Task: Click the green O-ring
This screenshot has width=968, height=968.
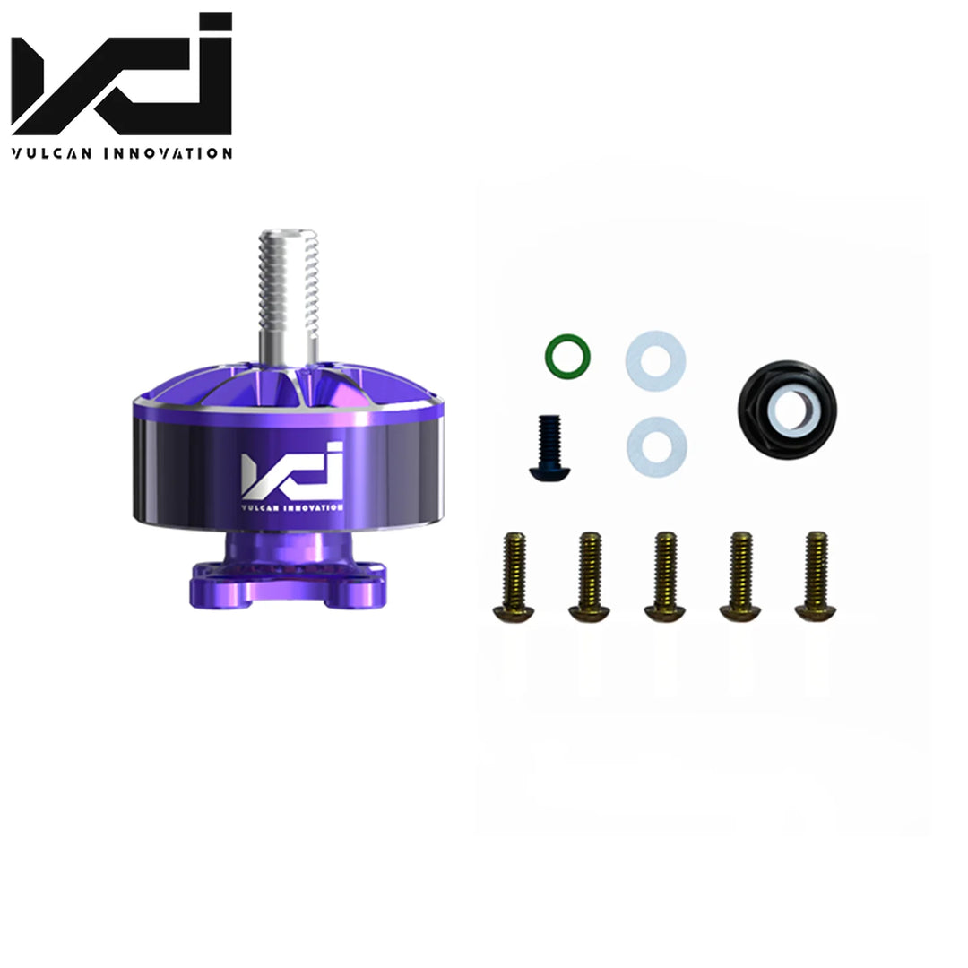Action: pos(566,356)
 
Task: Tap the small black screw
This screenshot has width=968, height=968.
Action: pos(541,448)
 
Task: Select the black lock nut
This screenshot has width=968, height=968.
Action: pos(788,410)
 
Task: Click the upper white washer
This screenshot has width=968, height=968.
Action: pos(655,360)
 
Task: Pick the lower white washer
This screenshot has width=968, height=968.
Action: pos(657,445)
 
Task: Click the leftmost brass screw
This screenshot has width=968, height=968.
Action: pos(514,577)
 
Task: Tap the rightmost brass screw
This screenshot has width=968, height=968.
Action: pos(816,576)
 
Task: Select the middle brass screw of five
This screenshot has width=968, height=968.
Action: pos(665,577)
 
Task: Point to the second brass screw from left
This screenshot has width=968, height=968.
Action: pos(589,577)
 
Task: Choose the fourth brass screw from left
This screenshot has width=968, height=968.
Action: pos(740,577)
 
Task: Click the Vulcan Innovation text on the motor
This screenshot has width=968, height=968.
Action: pos(292,507)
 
